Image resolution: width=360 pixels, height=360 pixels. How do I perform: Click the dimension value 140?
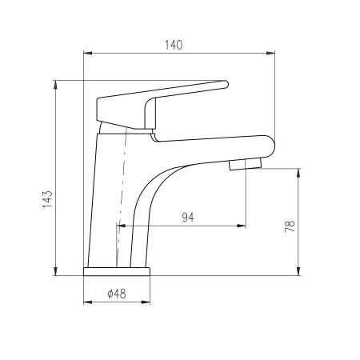click(x=174, y=45)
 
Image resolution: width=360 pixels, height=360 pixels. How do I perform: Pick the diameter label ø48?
click(x=118, y=294)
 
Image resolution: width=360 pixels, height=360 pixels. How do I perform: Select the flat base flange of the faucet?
click(x=118, y=270)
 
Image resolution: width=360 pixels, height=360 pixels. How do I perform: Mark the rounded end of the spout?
click(x=268, y=146)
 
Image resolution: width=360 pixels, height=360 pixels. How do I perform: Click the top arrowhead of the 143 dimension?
click(x=55, y=83)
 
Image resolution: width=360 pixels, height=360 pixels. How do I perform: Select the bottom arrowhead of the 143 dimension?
click(x=55, y=272)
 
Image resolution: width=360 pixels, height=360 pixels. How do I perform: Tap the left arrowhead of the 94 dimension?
click(x=121, y=226)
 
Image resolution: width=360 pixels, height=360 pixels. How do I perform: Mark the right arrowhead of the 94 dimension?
click(x=241, y=226)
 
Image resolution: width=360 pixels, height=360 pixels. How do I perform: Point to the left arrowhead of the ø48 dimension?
click(x=88, y=304)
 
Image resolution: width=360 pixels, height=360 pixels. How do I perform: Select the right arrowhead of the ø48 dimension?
click(x=148, y=304)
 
